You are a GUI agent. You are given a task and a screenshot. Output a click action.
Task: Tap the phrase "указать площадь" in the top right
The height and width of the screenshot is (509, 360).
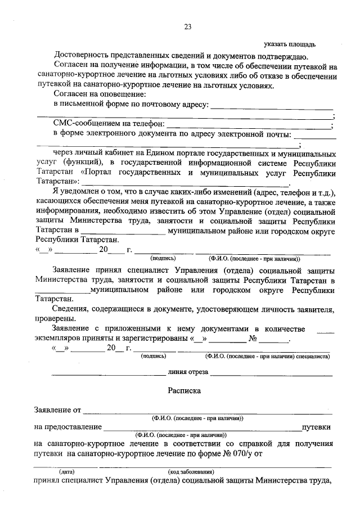(x=290, y=44)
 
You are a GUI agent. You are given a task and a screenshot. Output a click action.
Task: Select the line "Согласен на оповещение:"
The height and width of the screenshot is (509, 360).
(x=100, y=93)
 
